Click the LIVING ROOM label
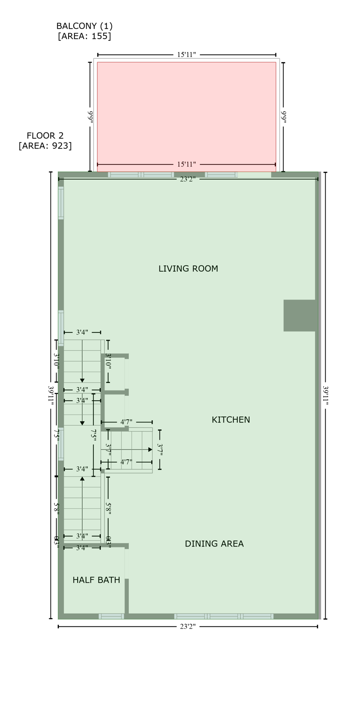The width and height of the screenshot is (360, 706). pos(188,268)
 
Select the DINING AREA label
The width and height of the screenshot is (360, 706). pos(214,544)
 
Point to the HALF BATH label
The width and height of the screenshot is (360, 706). pos(96,580)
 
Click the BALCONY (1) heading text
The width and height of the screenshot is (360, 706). pos(84,26)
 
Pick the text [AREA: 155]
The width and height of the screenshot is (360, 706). pos(84,36)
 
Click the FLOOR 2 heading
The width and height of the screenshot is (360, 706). pos(45,136)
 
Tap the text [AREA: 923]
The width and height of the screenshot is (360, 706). pos(45,146)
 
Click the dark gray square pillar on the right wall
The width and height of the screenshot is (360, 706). pos(299,315)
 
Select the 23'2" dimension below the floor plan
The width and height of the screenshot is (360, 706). pos(188,626)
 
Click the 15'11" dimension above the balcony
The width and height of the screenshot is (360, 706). pos(186,55)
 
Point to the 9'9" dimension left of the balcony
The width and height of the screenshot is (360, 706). pos(90,117)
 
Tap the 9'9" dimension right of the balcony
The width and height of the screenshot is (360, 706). pos(283,117)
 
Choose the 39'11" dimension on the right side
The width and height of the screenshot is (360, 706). pos(325,395)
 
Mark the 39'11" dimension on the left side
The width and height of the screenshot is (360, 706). pos(51,395)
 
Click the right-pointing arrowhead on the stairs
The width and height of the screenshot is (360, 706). pos(150,450)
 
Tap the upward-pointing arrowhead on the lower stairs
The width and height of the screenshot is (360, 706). pos(82,478)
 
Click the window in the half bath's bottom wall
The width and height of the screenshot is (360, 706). pos(111,616)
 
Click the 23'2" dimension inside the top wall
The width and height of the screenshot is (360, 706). pos(188,179)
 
